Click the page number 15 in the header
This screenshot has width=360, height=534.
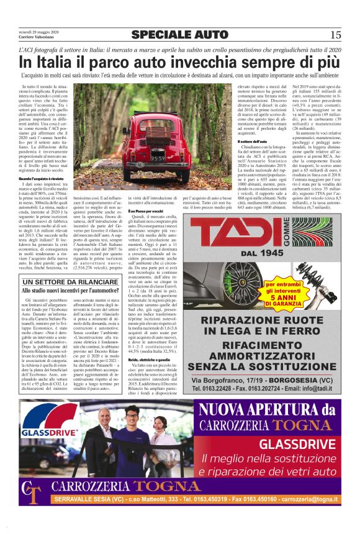click(x=336, y=34)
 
